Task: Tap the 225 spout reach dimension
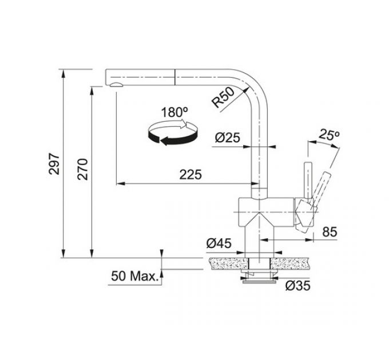(190, 175)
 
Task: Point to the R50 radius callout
(223, 98)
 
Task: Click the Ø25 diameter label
(227, 137)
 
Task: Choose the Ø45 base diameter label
(218, 243)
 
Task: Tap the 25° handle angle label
(330, 135)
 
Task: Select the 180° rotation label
(171, 112)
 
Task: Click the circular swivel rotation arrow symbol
(172, 133)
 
